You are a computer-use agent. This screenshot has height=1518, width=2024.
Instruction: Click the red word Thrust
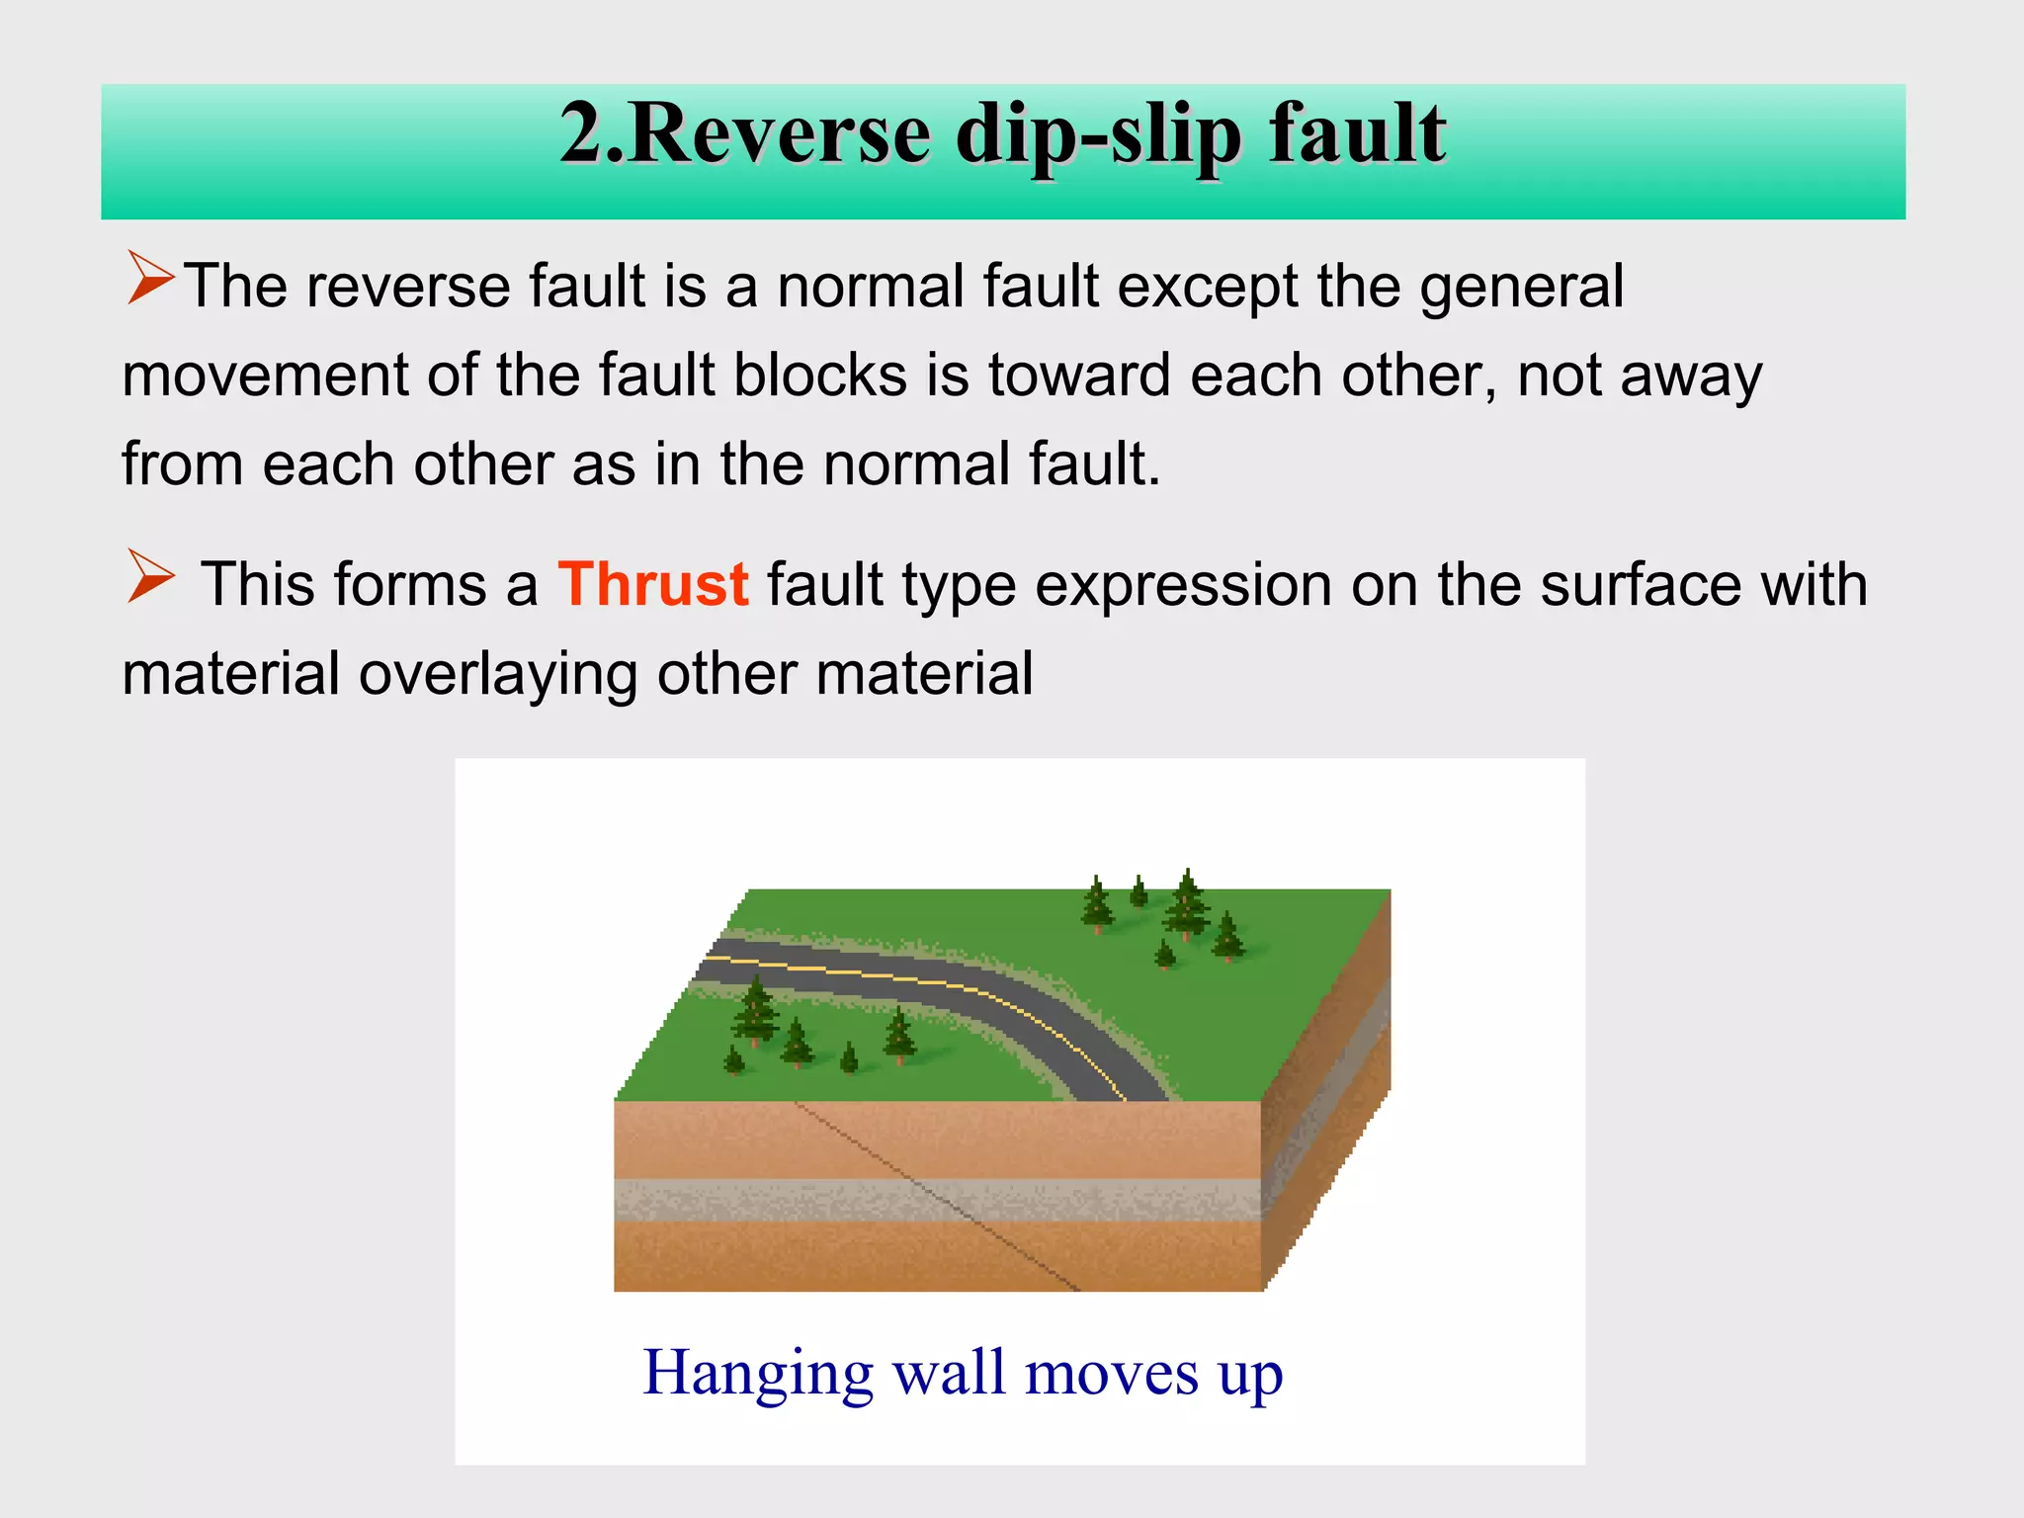[652, 584]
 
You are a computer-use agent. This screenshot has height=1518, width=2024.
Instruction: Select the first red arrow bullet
[150, 278]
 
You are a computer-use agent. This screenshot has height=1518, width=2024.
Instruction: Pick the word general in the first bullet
[1521, 288]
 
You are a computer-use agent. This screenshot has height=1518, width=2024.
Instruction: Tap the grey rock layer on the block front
[791, 1200]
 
